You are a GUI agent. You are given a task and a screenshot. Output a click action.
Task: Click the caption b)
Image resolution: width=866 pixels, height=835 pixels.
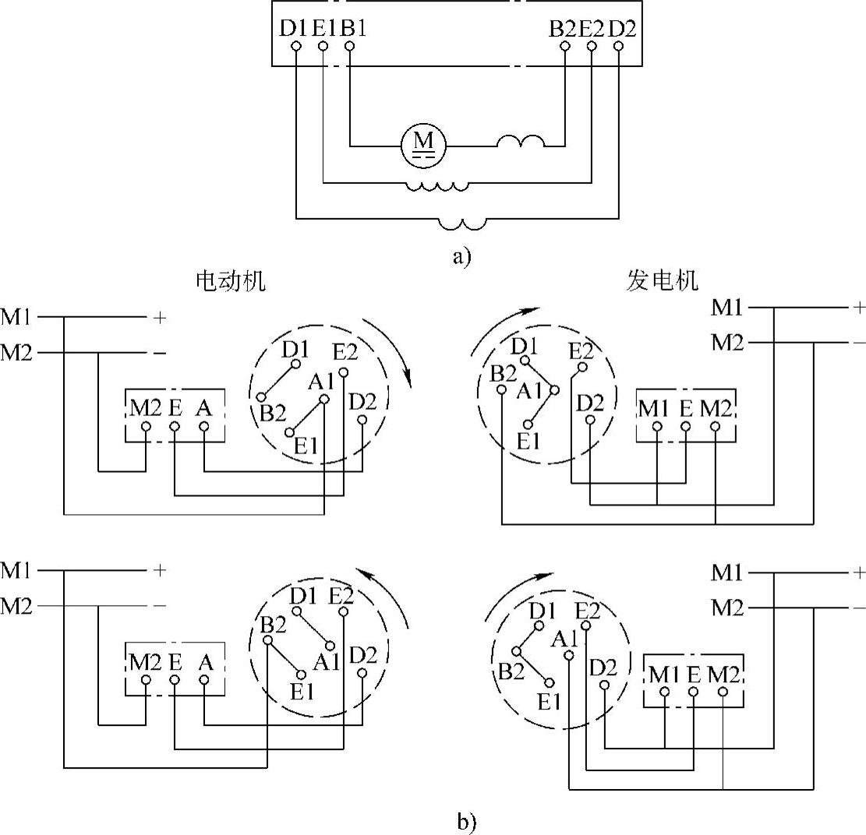[x=466, y=821]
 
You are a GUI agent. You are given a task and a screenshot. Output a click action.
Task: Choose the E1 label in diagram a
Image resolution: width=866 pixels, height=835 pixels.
[x=324, y=29]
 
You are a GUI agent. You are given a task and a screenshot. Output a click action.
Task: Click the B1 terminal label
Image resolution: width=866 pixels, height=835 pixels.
[x=353, y=29]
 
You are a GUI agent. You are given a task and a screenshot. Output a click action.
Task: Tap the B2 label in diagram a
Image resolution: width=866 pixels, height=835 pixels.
[x=562, y=29]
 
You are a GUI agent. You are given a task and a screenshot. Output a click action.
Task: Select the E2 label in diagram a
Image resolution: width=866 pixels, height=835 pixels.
[x=591, y=29]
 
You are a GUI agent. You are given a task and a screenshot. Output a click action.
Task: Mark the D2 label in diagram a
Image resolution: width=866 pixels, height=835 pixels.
[x=620, y=29]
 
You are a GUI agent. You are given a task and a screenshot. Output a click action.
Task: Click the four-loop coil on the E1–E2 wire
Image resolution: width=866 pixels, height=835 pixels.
[x=436, y=186]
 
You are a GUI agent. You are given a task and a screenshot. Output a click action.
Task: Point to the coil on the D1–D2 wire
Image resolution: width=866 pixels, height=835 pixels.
[x=463, y=224]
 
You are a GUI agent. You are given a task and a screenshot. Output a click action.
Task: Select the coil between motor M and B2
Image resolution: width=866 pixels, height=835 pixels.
[x=521, y=142]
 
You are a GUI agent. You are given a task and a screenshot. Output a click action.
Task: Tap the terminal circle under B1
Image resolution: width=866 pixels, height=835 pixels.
[x=349, y=47]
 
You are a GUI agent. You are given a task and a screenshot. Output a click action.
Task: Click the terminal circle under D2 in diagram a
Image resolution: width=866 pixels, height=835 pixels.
[x=619, y=47]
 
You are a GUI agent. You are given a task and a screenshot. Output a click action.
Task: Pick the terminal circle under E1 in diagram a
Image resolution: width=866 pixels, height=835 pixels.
[x=323, y=47]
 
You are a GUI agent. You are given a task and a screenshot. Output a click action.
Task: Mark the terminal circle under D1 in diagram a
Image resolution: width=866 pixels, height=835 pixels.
[x=296, y=47]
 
